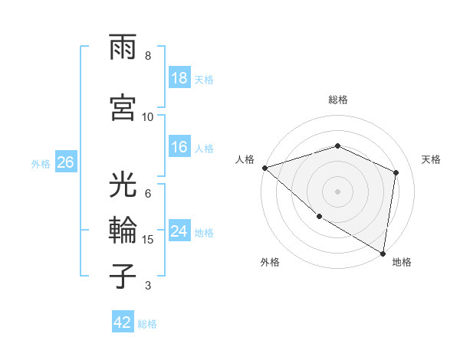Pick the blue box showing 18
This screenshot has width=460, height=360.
(179, 78)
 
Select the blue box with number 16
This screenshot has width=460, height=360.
(179, 148)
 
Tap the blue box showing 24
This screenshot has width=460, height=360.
(179, 232)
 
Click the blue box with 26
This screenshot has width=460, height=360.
(66, 162)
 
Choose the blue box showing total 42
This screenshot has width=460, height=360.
(123, 323)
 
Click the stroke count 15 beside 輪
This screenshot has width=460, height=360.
(149, 240)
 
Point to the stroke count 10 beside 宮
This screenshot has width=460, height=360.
(148, 116)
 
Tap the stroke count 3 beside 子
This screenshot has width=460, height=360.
(148, 286)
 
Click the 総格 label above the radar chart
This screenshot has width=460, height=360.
(338, 100)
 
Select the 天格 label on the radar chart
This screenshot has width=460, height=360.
(432, 159)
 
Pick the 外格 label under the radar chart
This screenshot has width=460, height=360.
(270, 262)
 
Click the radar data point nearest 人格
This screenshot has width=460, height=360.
(264, 168)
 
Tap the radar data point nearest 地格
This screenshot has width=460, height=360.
(383, 253)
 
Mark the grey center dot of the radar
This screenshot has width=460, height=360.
(338, 191)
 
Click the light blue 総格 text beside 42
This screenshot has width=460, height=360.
(147, 324)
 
